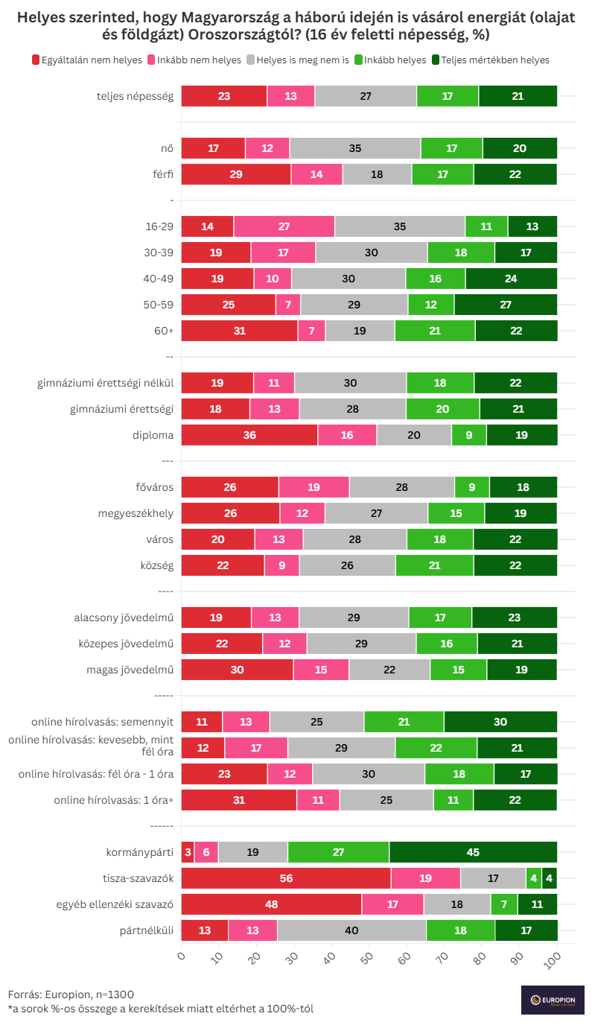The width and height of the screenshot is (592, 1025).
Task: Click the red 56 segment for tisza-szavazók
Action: [x=286, y=878]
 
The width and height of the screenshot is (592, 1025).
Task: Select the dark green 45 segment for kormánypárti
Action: [x=473, y=852]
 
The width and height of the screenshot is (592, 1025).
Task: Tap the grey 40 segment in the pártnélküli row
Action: [x=351, y=930]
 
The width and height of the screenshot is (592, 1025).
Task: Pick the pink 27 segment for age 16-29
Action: [x=284, y=226]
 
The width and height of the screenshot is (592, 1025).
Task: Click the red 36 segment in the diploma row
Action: [x=249, y=435]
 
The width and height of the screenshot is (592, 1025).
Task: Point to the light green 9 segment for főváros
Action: [x=472, y=487]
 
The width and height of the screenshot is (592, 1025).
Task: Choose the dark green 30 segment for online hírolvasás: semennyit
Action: [x=500, y=722]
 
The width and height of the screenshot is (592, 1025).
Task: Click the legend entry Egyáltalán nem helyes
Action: [x=87, y=60]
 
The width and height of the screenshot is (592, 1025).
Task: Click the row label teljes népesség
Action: [x=135, y=96]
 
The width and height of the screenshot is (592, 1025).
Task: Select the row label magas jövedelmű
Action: [x=130, y=670]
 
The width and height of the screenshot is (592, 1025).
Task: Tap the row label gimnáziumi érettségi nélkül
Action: [x=105, y=383]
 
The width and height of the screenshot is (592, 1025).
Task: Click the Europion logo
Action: [x=553, y=999]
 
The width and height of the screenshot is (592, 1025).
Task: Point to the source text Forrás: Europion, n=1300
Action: [x=71, y=994]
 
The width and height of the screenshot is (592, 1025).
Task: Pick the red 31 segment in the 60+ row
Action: [x=239, y=331]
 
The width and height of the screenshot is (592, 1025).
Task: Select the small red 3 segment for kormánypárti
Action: [x=188, y=852]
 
